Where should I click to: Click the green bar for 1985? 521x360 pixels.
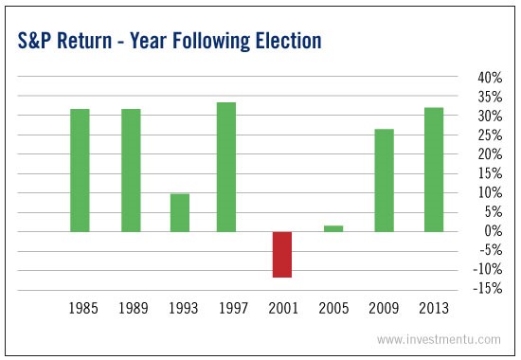[x=80, y=171]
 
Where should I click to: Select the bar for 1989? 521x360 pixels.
[x=130, y=171]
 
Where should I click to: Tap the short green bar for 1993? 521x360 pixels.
[x=180, y=212]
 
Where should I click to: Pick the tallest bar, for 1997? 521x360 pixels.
[x=225, y=167]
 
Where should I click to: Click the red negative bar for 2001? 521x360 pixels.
[x=281, y=254]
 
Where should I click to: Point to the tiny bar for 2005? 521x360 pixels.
[x=332, y=228]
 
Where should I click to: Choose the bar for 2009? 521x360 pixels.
[x=384, y=180]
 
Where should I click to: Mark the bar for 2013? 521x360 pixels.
[x=434, y=170]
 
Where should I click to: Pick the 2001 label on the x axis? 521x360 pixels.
[x=281, y=309]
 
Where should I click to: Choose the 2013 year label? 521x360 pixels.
[x=434, y=309]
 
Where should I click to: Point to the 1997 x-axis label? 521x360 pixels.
[x=230, y=309]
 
